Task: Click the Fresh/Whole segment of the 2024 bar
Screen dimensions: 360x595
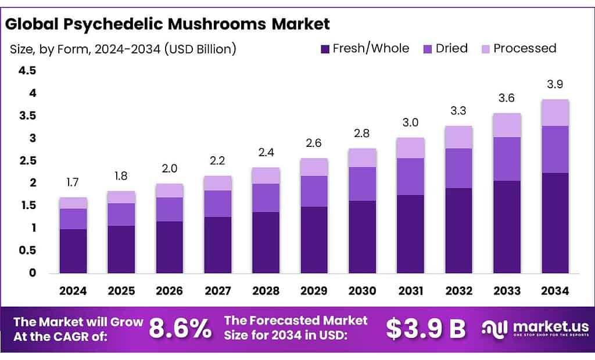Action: tap(73, 251)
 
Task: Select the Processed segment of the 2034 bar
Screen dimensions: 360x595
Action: tap(555, 113)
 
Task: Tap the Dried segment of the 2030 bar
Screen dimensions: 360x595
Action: tap(363, 183)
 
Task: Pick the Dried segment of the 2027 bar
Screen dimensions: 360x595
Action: tap(218, 203)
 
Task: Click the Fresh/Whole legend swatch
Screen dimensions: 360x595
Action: tap(324, 49)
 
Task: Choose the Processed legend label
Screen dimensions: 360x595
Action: tap(524, 48)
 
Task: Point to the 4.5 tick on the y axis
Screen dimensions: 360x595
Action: tap(28, 71)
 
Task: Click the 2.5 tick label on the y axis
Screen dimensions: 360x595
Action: tap(28, 161)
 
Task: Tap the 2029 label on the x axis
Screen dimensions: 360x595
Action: tap(314, 290)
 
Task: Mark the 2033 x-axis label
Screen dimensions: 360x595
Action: tap(507, 290)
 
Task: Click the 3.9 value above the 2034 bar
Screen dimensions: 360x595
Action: tap(555, 84)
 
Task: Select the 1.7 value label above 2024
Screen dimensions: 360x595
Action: tap(73, 183)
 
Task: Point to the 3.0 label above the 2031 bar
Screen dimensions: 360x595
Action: tap(411, 123)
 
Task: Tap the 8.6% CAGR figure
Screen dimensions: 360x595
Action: tap(180, 329)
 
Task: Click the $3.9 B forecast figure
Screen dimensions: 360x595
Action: tap(426, 329)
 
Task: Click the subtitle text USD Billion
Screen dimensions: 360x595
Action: tap(200, 49)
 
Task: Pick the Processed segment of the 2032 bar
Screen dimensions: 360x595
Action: tap(459, 137)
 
